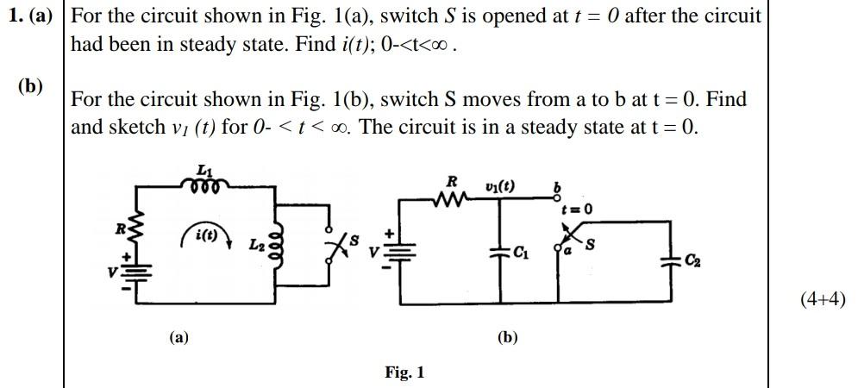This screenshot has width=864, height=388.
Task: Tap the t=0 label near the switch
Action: [x=576, y=210]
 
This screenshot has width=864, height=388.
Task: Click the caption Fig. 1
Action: [x=404, y=372]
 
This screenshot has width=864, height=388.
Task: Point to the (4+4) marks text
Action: [x=822, y=300]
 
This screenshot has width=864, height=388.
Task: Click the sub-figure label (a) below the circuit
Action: [x=178, y=338]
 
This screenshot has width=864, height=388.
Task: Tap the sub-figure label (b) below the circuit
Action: [x=507, y=338]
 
